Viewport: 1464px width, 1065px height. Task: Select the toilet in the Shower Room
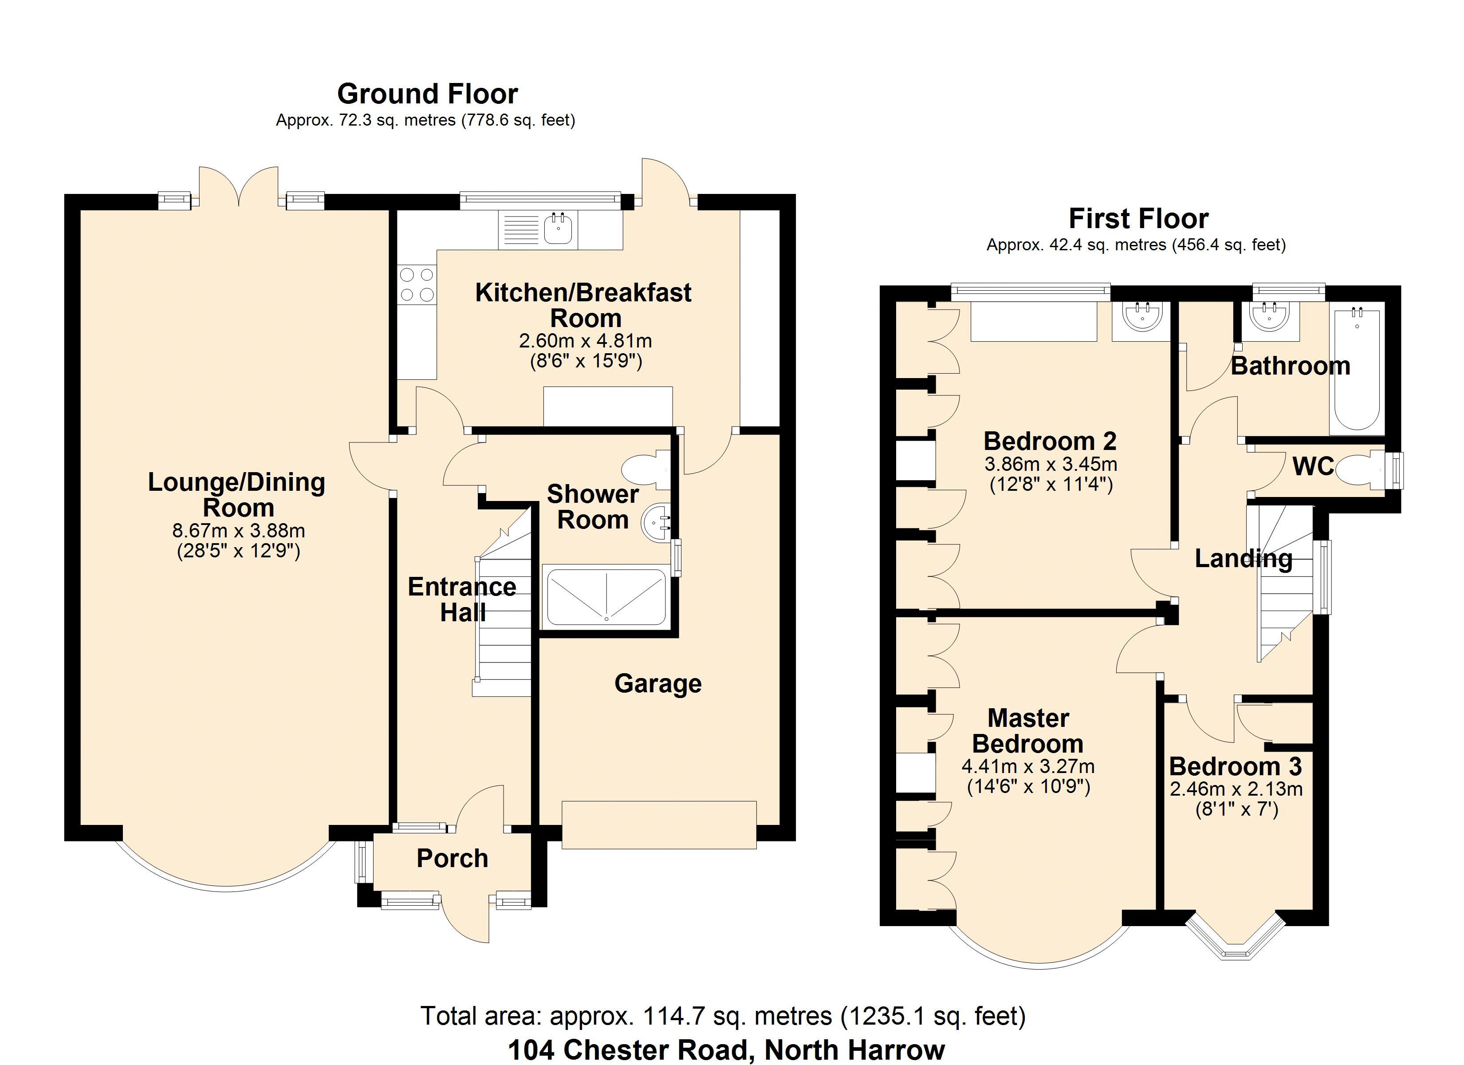(646, 469)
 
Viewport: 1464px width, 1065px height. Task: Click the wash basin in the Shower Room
(657, 522)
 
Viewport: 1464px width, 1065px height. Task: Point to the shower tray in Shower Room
(606, 596)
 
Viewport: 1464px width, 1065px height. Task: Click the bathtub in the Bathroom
(1356, 370)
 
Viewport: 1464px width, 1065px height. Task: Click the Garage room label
(658, 684)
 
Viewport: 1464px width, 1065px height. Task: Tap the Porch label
(452, 858)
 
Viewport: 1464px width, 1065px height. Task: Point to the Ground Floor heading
(427, 94)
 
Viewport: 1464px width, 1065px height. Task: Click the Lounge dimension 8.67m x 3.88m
(238, 531)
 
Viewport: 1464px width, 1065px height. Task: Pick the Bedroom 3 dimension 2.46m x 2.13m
(1236, 789)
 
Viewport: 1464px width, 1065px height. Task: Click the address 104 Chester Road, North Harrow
(726, 1049)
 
